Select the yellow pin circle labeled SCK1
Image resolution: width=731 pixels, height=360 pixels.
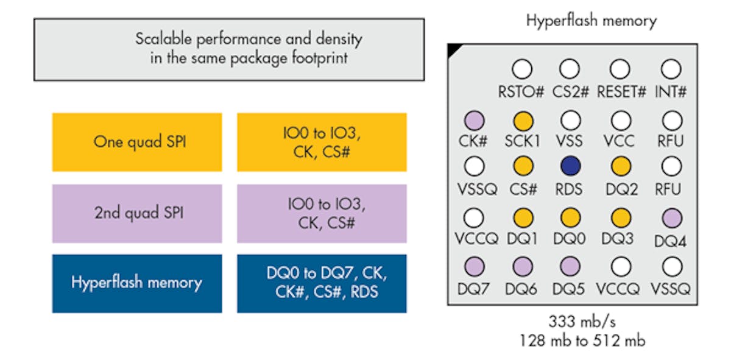pos(523,120)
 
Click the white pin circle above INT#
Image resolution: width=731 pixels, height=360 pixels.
pos(670,69)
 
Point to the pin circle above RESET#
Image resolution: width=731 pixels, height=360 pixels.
pos(620,69)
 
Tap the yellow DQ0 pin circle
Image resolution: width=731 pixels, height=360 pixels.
pos(570,217)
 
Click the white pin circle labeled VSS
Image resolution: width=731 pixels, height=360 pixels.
pos(570,120)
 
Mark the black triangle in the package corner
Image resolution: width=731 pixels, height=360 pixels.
pos(454,50)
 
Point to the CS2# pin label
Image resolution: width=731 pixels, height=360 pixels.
pos(570,92)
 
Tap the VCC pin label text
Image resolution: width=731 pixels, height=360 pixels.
pos(620,141)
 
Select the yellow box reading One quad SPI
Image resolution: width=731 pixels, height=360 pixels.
pos(137,142)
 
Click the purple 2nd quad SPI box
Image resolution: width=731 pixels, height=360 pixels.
pos(137,214)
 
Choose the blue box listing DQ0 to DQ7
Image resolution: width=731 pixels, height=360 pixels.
pos(322,283)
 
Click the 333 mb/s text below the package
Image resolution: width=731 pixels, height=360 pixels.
pos(582,321)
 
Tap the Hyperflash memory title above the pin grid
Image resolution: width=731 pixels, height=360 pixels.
pos(591,21)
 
